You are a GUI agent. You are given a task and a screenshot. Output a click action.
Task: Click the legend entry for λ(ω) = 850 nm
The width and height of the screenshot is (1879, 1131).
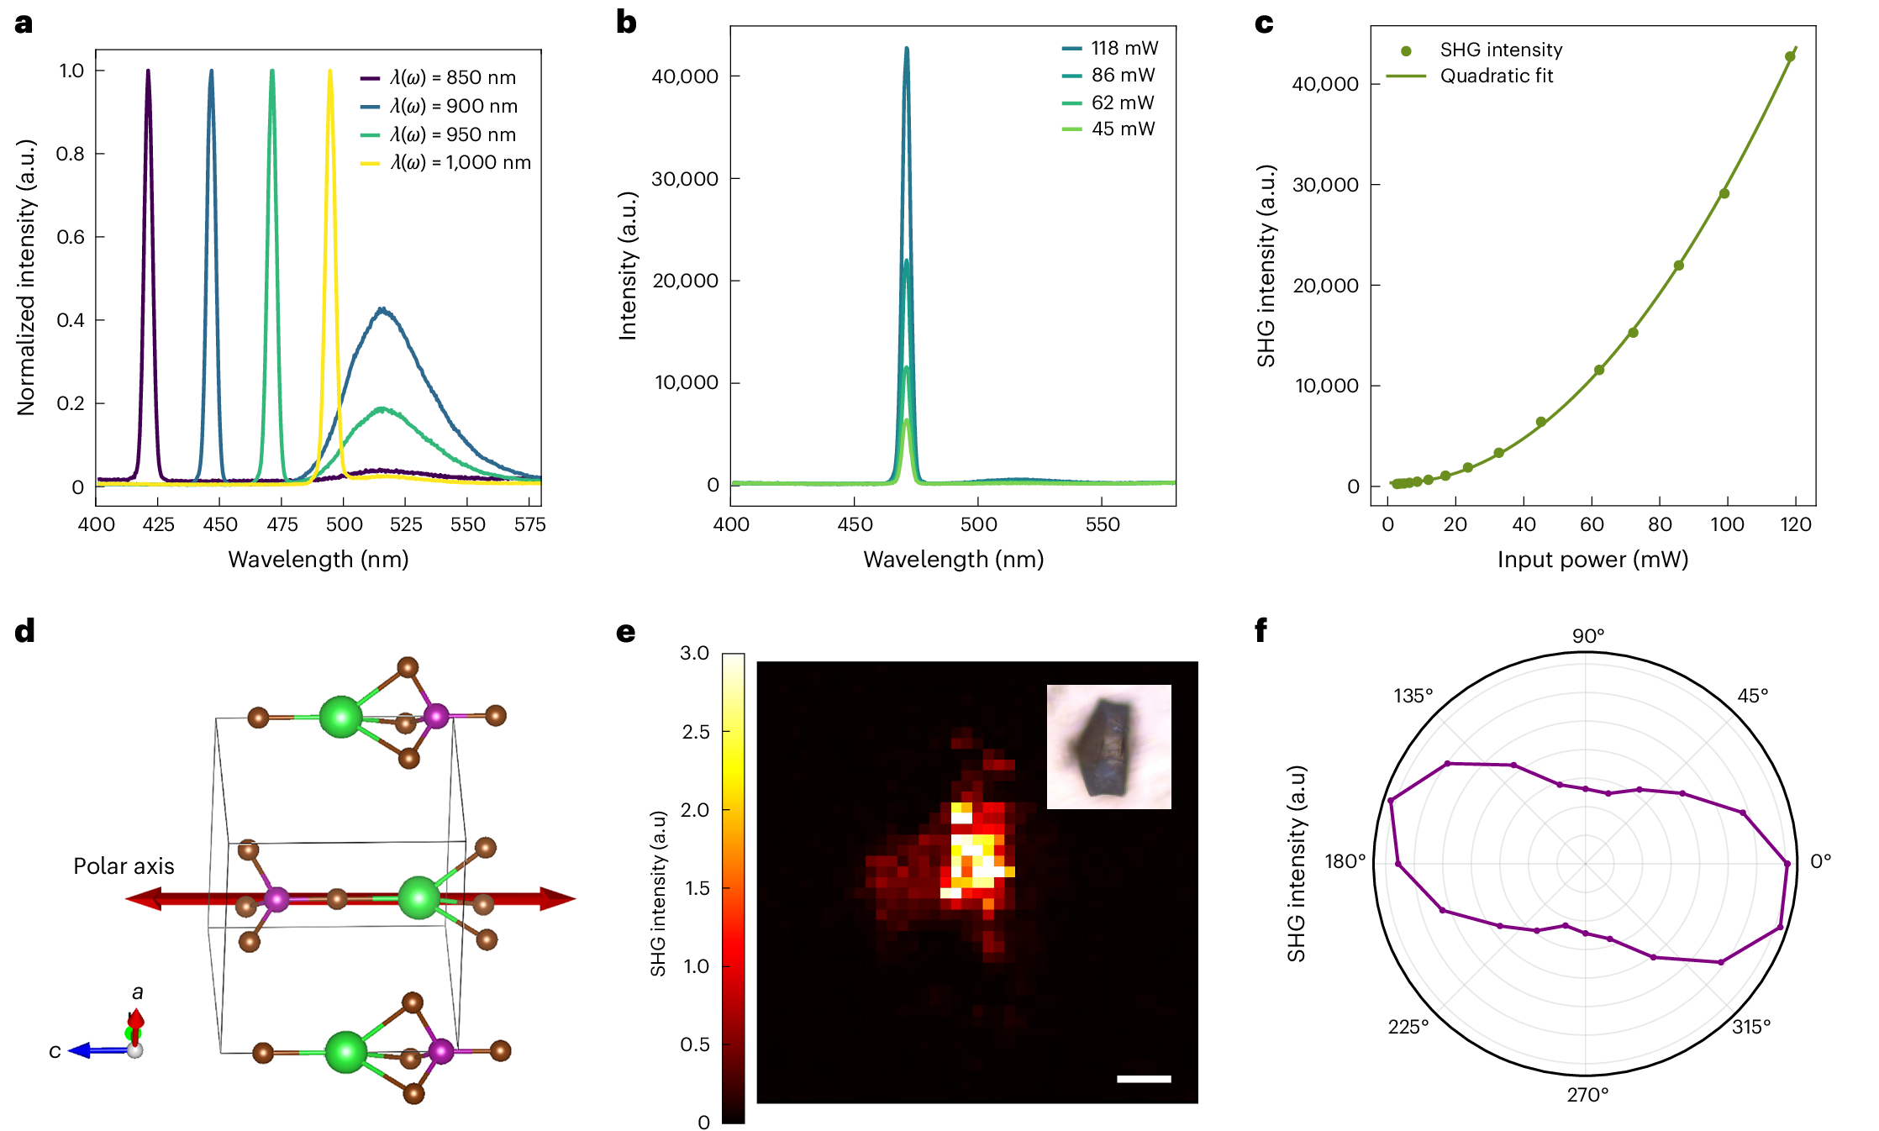pyautogui.click(x=452, y=78)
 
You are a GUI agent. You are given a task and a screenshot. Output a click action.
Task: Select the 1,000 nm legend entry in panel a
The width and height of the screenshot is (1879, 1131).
pyautogui.click(x=461, y=163)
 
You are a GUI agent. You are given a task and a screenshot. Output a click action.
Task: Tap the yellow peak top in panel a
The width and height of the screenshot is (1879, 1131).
pyautogui.click(x=329, y=71)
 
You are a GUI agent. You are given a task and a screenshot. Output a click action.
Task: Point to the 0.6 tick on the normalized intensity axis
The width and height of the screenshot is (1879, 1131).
pyautogui.click(x=71, y=237)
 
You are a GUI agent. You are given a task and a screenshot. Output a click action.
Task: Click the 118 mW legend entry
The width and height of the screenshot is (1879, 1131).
pyautogui.click(x=1124, y=49)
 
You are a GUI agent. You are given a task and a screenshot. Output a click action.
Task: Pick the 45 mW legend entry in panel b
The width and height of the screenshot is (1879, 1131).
pyautogui.click(x=1123, y=129)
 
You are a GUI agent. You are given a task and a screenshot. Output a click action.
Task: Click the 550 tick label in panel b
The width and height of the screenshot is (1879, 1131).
pyautogui.click(x=1102, y=525)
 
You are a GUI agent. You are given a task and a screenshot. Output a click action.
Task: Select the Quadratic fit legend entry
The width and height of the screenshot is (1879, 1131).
pyautogui.click(x=1496, y=76)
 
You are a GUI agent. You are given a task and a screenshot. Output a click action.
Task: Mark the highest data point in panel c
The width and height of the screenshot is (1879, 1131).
pyautogui.click(x=1790, y=57)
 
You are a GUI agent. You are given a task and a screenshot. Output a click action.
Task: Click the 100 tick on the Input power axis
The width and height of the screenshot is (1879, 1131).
pyautogui.click(x=1727, y=525)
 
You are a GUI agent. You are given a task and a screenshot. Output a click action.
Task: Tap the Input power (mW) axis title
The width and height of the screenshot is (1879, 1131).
pyautogui.click(x=1592, y=560)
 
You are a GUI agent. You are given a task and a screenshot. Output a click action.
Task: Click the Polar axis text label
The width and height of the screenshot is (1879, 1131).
pyautogui.click(x=124, y=866)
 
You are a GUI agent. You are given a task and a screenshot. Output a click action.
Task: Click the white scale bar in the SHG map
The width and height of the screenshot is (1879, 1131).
pyautogui.click(x=1144, y=1079)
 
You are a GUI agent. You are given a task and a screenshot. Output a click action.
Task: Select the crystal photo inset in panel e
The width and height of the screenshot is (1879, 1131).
pyautogui.click(x=1108, y=746)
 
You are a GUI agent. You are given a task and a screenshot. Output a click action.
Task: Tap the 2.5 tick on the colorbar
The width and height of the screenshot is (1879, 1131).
pyautogui.click(x=696, y=732)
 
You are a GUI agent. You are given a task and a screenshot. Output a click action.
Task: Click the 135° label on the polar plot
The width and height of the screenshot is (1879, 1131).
pyautogui.click(x=1413, y=696)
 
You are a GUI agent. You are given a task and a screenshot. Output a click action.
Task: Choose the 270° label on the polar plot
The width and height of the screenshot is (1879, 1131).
pyautogui.click(x=1587, y=1095)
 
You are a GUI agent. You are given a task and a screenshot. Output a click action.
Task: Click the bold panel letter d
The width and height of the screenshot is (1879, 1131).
pyautogui.click(x=25, y=630)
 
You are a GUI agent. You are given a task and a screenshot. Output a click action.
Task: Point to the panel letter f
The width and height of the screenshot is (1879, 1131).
pyautogui.click(x=1261, y=630)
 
